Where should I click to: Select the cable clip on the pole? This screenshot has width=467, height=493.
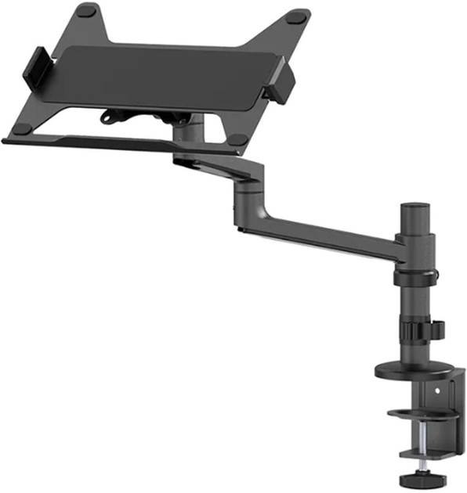tap(436, 329)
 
